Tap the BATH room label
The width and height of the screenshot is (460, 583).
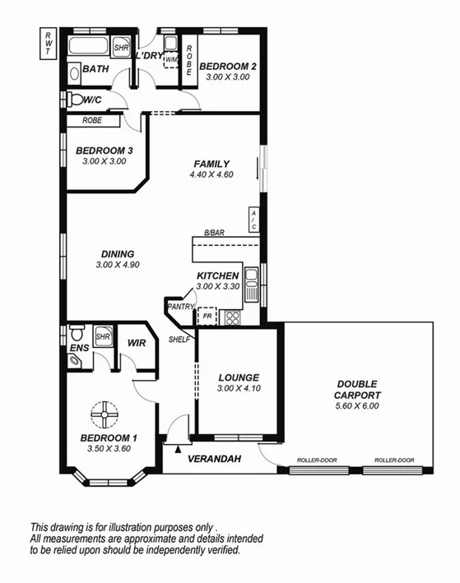coord(95,70)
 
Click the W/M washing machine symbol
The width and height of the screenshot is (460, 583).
coord(171,59)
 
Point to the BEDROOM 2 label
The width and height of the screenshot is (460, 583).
coord(228,67)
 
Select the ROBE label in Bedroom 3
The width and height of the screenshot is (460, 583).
coord(92,121)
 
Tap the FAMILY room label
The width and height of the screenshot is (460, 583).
coord(211,164)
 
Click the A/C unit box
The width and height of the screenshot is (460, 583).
coord(253,220)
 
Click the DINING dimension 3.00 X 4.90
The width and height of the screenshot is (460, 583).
coord(117,265)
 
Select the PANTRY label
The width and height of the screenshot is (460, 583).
coord(179,307)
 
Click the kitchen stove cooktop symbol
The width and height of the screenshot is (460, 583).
coord(231,317)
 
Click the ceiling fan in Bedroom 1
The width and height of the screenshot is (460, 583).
coord(105,414)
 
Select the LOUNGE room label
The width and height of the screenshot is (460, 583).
coord(239,377)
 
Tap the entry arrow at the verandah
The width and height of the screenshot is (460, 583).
coord(178,449)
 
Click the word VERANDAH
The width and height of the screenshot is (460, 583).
coord(214,459)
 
